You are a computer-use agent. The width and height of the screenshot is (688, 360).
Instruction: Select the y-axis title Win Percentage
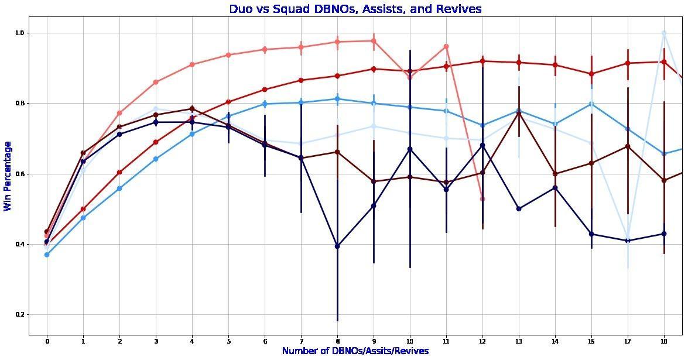tap(8, 176)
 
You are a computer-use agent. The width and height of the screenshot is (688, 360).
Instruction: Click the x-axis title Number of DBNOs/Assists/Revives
tap(355, 351)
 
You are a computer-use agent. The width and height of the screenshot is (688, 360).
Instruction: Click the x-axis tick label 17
tap(628, 341)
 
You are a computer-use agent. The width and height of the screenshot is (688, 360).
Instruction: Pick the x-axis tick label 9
tap(374, 341)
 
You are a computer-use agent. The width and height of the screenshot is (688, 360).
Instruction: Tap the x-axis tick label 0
tap(47, 341)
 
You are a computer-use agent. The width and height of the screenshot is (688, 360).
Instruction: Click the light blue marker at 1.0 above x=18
tap(664, 33)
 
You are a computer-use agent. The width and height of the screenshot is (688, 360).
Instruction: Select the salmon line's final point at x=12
tap(482, 199)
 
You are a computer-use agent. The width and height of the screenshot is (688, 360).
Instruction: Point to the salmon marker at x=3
tap(156, 82)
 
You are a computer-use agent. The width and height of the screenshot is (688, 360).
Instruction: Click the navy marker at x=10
tap(410, 149)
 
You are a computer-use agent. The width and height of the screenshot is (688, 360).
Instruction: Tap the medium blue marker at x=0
tap(47, 255)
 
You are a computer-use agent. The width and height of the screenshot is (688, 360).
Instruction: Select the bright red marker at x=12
tap(482, 61)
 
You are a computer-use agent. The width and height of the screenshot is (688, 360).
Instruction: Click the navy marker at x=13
tap(519, 209)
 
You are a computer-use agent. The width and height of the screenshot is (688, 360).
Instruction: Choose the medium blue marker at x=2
tap(119, 188)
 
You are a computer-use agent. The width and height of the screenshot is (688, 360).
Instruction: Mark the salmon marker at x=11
tap(446, 46)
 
